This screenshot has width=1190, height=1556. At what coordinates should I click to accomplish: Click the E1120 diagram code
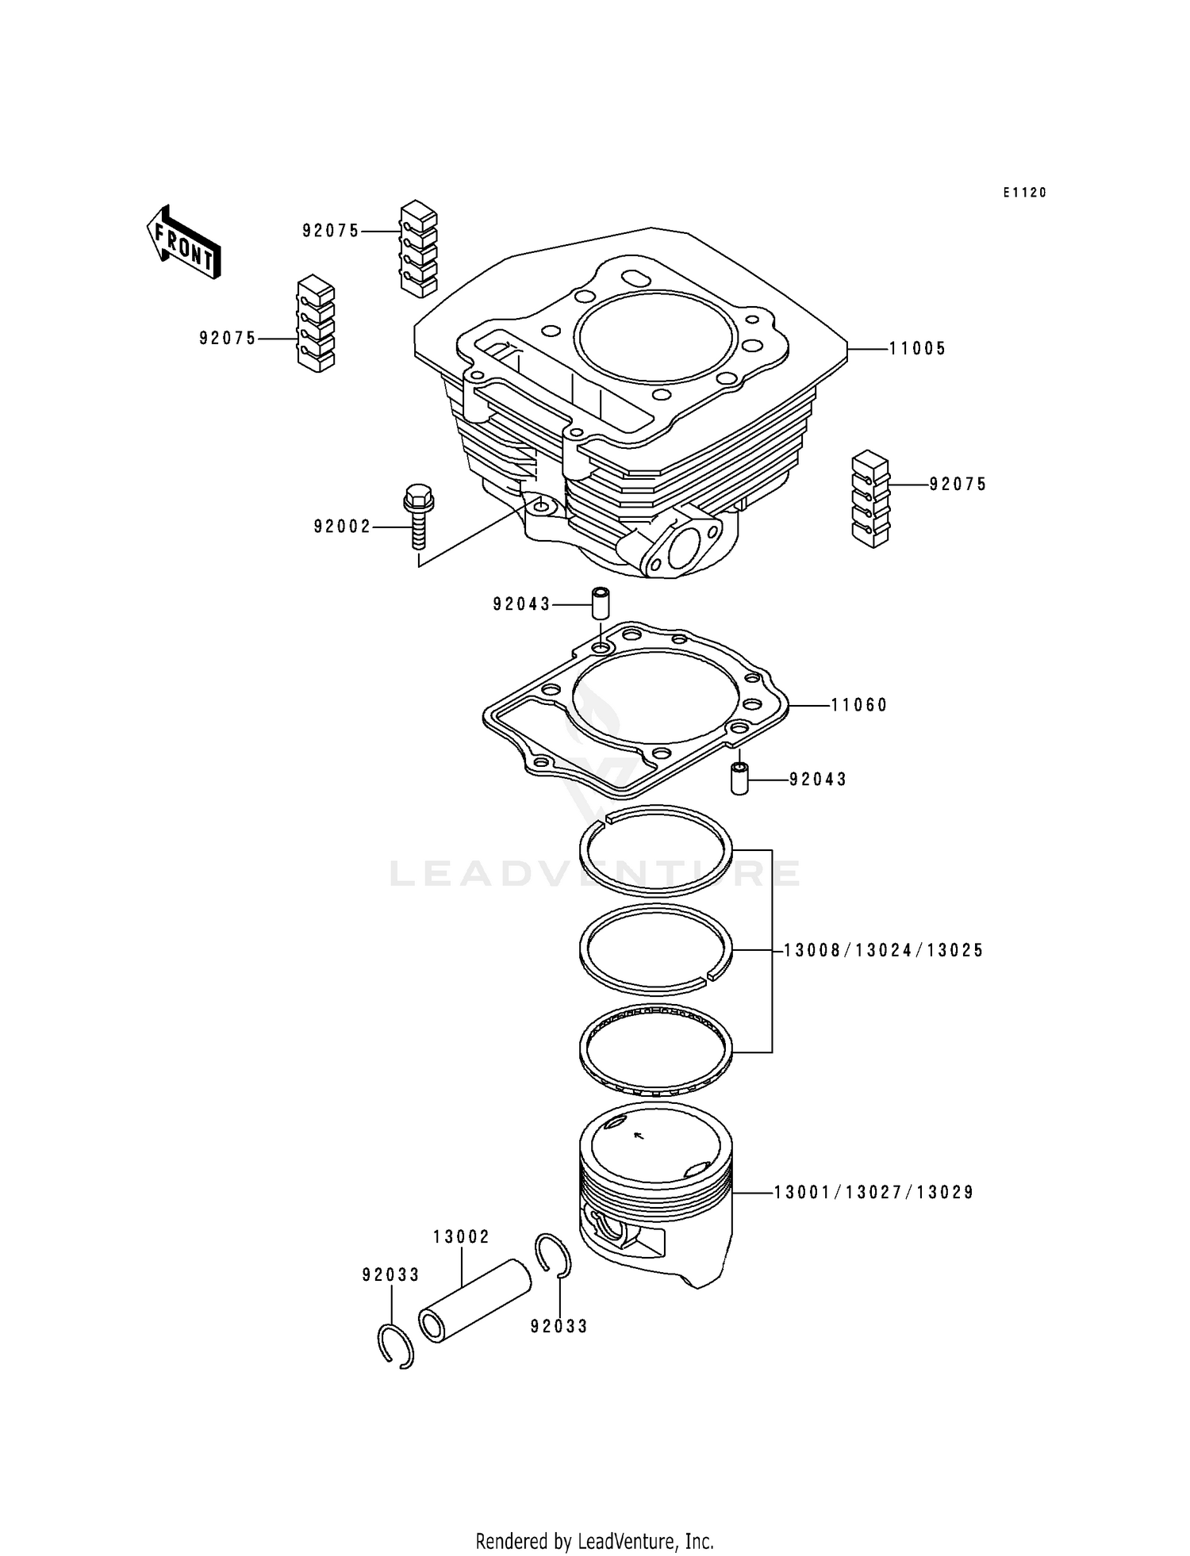[1024, 193]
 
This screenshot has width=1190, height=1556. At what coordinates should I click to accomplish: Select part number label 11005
[917, 348]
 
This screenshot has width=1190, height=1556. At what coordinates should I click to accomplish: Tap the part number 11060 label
[859, 705]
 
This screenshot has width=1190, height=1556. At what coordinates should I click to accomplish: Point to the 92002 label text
[342, 527]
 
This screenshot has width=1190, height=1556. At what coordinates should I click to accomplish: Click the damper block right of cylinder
[871, 500]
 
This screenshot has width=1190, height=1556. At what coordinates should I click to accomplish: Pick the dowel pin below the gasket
[739, 779]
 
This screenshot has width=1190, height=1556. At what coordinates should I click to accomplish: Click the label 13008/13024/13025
[883, 950]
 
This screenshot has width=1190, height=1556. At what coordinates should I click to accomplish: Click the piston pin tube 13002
[474, 1301]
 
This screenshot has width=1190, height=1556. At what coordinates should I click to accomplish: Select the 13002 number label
[461, 1236]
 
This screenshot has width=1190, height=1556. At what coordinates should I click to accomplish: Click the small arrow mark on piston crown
[639, 1136]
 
